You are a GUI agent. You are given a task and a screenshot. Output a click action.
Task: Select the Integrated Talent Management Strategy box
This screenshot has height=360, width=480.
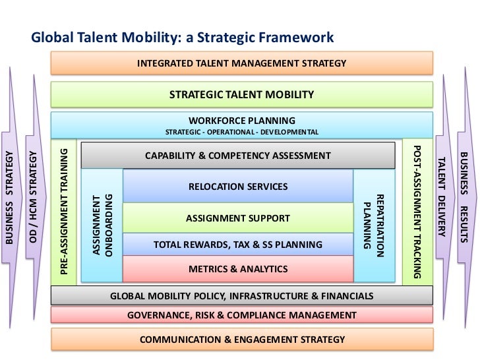tap(241, 63)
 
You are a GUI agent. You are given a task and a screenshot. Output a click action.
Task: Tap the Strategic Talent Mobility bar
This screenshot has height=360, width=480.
tap(241, 95)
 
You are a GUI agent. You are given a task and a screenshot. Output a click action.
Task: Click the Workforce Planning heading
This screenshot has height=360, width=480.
tap(241, 120)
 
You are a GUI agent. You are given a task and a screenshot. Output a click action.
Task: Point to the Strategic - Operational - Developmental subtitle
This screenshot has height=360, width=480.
tap(241, 133)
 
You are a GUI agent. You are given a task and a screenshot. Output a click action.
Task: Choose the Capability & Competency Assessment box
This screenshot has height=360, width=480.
tap(238, 156)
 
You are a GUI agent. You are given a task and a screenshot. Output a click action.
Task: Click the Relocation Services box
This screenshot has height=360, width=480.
tap(238, 187)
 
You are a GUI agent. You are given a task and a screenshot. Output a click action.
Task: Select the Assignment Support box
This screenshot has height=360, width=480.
tap(238, 218)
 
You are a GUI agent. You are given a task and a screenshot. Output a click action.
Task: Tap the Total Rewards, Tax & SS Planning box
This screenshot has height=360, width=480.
tap(238, 245)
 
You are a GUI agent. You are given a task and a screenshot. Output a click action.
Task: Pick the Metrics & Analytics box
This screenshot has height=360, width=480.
tap(238, 269)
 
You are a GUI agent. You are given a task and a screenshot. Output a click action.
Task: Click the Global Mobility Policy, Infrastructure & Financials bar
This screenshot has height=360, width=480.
tap(241, 295)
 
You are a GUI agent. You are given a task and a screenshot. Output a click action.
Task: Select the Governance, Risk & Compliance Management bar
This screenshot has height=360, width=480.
tap(241, 315)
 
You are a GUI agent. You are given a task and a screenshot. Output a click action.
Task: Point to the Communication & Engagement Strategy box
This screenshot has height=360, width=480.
tap(241, 340)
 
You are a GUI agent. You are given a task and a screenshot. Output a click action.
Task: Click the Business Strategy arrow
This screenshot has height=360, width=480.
tap(11, 198)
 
